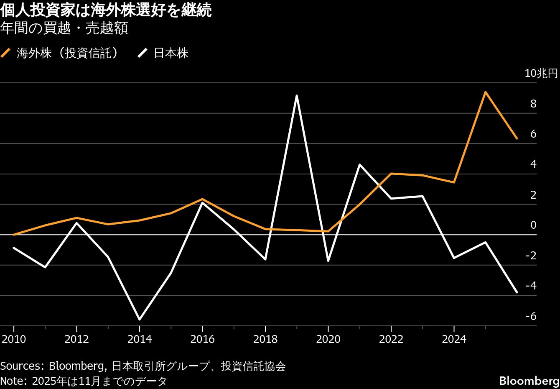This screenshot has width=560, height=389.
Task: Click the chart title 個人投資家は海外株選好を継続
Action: click(106, 10)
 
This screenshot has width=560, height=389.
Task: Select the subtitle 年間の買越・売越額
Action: click(64, 28)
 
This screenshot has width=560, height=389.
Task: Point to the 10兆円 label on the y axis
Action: click(541, 74)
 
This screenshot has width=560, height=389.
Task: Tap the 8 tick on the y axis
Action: click(533, 104)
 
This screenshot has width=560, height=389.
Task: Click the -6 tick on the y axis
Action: click(531, 316)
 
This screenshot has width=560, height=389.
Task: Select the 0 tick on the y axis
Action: click(533, 225)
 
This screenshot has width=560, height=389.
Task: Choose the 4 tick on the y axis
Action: click(533, 164)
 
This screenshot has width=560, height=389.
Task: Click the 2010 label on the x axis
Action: click(14, 339)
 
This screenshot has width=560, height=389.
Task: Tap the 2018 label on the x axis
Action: click(265, 339)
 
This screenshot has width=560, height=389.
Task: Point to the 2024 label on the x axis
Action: click(454, 339)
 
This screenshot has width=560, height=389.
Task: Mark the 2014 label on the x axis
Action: click(140, 339)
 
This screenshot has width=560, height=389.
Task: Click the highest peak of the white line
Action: click(296, 96)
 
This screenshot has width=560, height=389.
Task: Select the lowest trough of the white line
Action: click(139, 320)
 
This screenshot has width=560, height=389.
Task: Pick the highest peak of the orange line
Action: click(485, 92)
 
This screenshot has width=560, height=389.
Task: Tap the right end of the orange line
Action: click(517, 138)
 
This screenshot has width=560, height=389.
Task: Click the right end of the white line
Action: click(517, 292)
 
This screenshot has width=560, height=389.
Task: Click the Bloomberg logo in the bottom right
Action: click(529, 381)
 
